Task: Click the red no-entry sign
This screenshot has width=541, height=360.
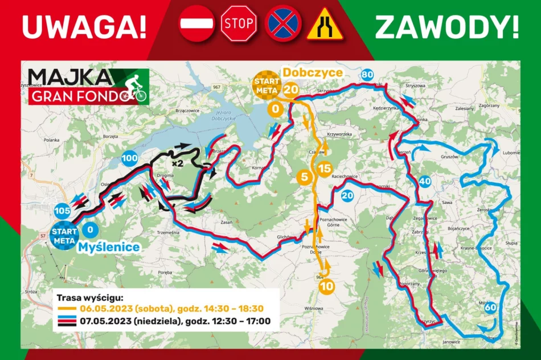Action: pyautogui.click(x=197, y=24)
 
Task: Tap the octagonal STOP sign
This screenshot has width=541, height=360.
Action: pyautogui.click(x=239, y=24)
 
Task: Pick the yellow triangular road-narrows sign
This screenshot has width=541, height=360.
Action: pyautogui.click(x=325, y=24)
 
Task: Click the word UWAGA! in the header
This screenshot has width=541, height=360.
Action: pyautogui.click(x=84, y=25)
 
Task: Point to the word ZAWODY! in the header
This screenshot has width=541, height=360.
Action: pyautogui.click(x=447, y=25)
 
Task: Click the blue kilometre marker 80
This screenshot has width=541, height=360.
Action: pyautogui.click(x=367, y=75)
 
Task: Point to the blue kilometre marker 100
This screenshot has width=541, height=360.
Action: pyautogui.click(x=130, y=158)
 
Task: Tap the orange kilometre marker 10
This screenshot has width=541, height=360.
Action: pyautogui.click(x=326, y=287)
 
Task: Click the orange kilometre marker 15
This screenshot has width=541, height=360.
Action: pyautogui.click(x=325, y=169)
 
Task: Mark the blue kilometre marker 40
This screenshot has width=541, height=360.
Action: pyautogui.click(x=424, y=182)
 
